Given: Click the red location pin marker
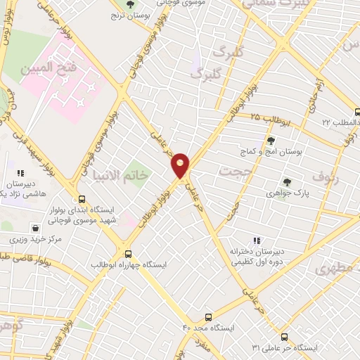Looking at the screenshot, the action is [181, 166].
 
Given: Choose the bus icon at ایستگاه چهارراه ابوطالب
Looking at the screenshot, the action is [128, 253].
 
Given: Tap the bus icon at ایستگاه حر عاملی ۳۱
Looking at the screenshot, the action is [283, 337].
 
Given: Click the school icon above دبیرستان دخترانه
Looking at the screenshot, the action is [256, 240].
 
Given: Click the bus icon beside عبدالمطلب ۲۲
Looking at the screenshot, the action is [356, 111].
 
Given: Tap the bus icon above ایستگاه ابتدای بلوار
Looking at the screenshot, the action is [82, 199].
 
